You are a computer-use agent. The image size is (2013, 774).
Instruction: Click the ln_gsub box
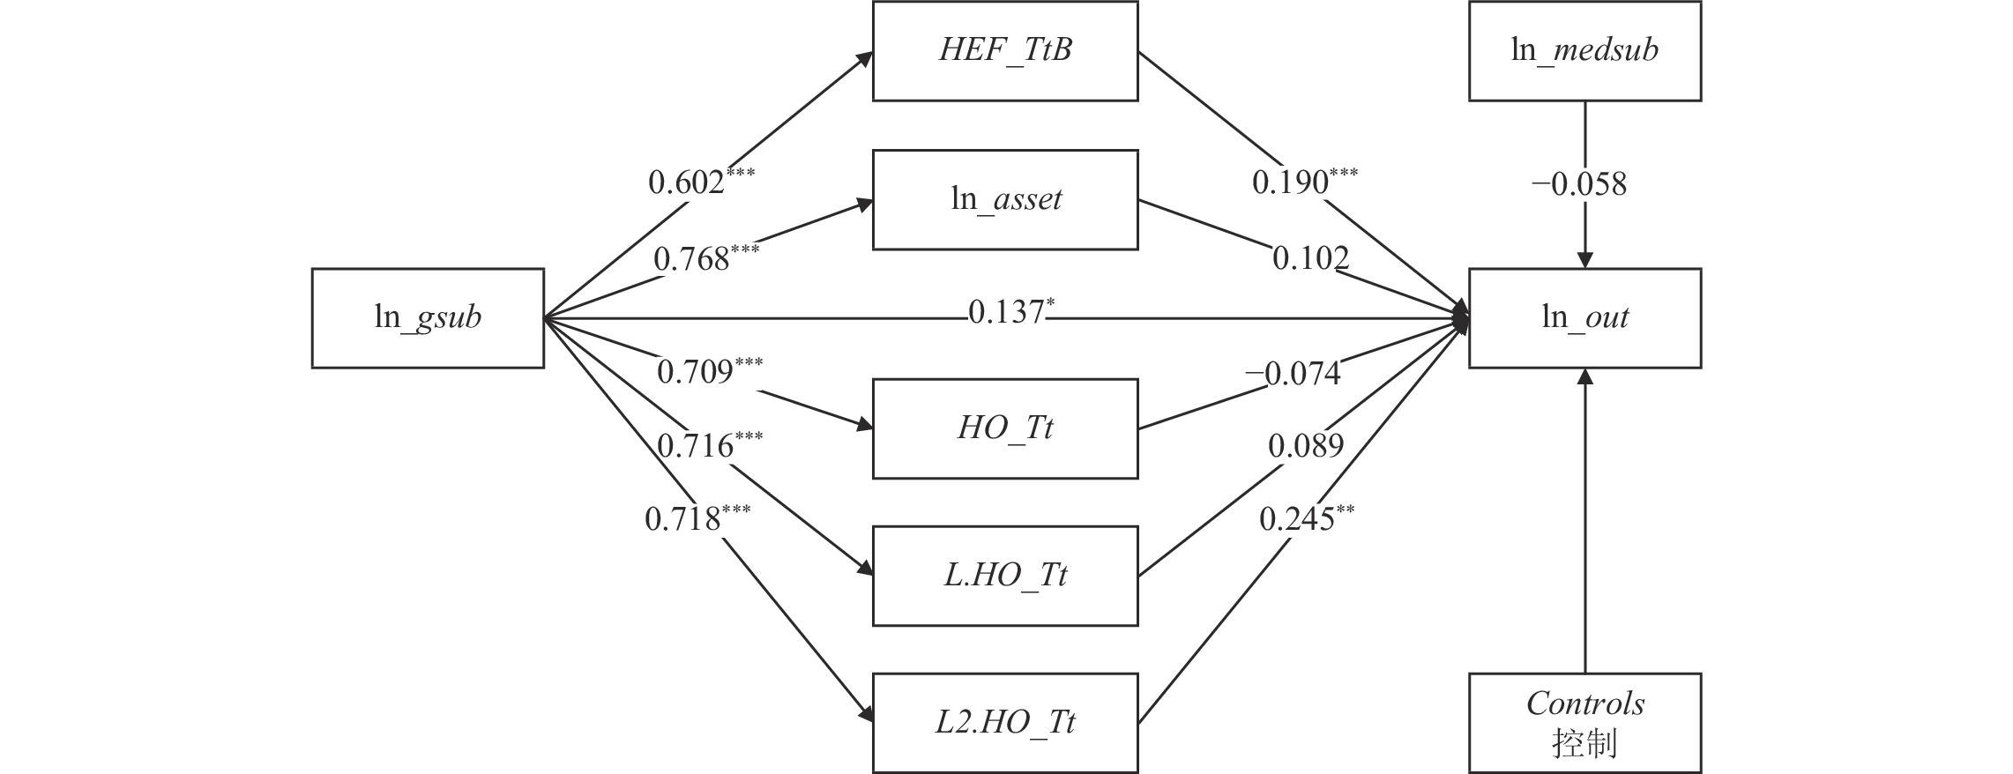[428, 317]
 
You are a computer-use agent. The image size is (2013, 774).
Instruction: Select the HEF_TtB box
[1004, 50]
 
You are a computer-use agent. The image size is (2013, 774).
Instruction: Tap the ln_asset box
[1004, 199]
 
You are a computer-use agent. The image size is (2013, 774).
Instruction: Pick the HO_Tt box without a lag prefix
[1004, 428]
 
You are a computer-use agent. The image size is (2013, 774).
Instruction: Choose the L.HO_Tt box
[1004, 576]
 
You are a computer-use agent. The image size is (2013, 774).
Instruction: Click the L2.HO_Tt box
[1004, 723]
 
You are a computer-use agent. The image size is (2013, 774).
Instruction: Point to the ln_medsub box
[1584, 50]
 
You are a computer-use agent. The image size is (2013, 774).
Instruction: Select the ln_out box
[1584, 317]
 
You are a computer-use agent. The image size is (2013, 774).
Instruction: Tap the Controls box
[1584, 723]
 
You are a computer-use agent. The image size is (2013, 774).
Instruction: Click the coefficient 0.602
[687, 182]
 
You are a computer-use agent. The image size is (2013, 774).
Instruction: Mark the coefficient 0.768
[692, 259]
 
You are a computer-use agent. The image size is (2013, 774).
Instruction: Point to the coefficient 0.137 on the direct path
[1005, 311]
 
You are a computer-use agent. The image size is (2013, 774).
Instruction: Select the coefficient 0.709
[696, 371]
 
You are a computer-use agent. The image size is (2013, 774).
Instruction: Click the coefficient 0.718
[683, 519]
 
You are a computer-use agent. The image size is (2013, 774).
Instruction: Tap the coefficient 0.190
[1291, 182]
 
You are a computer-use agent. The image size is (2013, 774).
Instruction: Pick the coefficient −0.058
[1579, 184]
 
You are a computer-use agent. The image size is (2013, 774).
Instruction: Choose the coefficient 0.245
[1297, 519]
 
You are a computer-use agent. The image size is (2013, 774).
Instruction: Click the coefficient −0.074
[1293, 374]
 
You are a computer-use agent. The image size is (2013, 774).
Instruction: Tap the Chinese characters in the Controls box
[1584, 744]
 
